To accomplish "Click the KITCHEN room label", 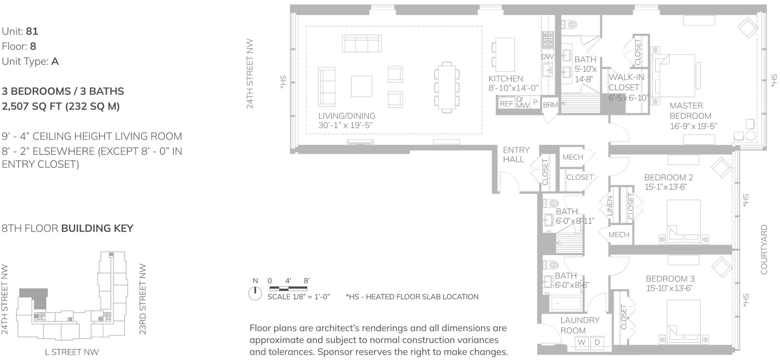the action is [506, 79].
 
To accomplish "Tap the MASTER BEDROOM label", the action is [690, 111].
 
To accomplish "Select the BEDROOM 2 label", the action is [668, 177].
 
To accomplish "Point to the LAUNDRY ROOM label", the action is [580, 325].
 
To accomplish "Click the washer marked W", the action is [582, 342].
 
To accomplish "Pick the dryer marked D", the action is [597, 342].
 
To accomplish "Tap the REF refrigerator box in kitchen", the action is [506, 104].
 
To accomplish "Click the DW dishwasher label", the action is [547, 57].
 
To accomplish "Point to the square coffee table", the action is [361, 86].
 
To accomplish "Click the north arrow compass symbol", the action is [255, 293].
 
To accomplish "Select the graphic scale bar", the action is [288, 288].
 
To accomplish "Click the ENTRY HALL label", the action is [516, 154].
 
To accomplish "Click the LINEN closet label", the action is [610, 206].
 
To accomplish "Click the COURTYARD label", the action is [764, 249].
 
